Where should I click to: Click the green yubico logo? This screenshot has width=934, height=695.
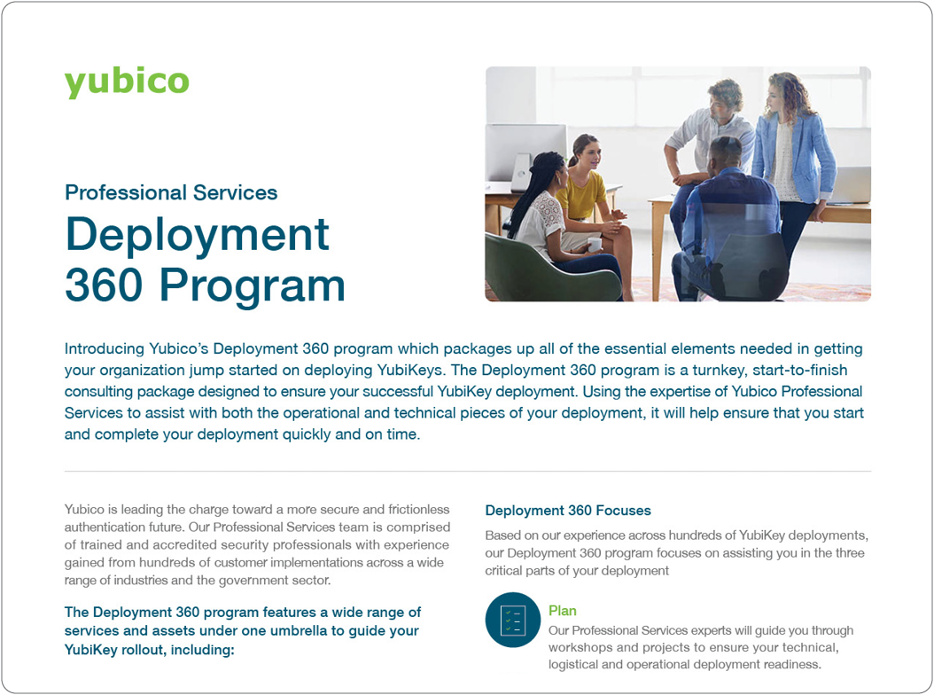[x=127, y=82]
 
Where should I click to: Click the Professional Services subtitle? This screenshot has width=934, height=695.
[x=171, y=192]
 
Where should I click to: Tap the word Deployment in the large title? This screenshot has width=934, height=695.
[x=197, y=235]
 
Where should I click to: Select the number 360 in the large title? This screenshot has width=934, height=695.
[x=105, y=285]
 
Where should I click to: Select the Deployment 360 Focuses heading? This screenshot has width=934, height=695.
[x=568, y=511]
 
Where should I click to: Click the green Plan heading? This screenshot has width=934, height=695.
[x=563, y=611]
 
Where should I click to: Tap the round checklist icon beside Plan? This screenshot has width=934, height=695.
[x=513, y=620]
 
